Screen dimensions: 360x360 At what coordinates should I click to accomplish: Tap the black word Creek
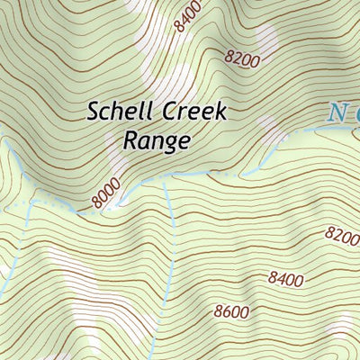coord(192,112)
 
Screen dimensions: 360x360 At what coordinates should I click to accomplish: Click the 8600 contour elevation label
coord(230,313)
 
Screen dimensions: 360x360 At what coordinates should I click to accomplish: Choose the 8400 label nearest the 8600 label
coord(284,280)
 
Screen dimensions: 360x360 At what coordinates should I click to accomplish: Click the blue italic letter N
coord(337,112)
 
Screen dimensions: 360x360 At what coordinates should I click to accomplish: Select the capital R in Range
coord(128,140)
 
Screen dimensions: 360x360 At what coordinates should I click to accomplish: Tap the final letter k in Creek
coord(220,112)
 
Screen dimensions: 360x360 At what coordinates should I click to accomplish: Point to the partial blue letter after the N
coord(355,114)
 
